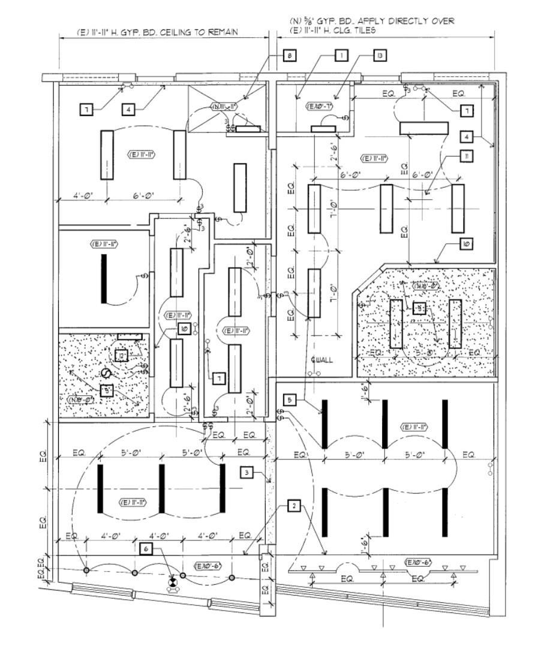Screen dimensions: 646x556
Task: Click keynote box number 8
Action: click(289, 56)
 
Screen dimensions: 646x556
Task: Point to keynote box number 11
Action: click(466, 155)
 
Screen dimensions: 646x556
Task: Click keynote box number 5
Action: click(289, 400)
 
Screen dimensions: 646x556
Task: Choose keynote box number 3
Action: click(247, 473)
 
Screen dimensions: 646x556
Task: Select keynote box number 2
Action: click(293, 506)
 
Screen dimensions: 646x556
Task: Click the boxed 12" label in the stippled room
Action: click(122, 356)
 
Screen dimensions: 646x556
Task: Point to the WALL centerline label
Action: click(321, 360)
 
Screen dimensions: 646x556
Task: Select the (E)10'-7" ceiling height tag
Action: click(320, 106)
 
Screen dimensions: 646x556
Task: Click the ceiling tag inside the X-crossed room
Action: click(224, 107)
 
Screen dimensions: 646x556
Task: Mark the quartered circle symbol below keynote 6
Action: click(173, 581)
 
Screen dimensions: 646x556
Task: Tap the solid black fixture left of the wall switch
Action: click(104, 279)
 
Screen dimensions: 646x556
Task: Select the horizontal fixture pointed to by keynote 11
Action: click(423, 128)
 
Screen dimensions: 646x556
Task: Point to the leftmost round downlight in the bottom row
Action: click(86, 569)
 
